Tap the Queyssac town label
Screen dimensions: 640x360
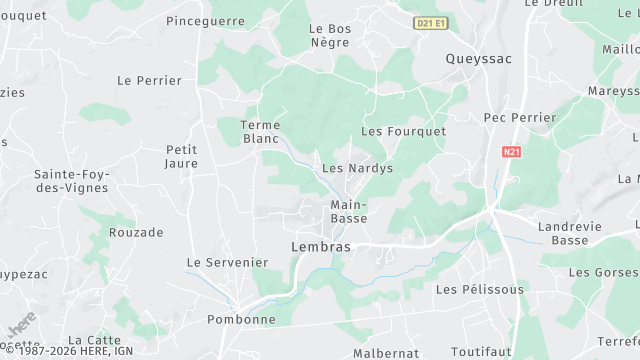click(478, 59)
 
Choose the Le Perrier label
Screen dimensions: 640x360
click(150, 80)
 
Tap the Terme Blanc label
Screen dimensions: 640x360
click(261, 132)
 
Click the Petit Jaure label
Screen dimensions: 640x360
click(181, 156)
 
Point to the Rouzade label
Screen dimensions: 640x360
click(136, 232)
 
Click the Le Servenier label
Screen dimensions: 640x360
click(228, 262)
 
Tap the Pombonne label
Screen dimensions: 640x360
click(240, 320)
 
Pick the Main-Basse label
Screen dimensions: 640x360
click(348, 212)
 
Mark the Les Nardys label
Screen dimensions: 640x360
click(357, 169)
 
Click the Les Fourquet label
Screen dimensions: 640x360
click(403, 131)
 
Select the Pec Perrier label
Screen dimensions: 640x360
click(519, 118)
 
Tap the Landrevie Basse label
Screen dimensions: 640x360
click(570, 233)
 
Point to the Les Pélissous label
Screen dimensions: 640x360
click(480, 289)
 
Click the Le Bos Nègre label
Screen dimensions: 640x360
click(330, 37)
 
